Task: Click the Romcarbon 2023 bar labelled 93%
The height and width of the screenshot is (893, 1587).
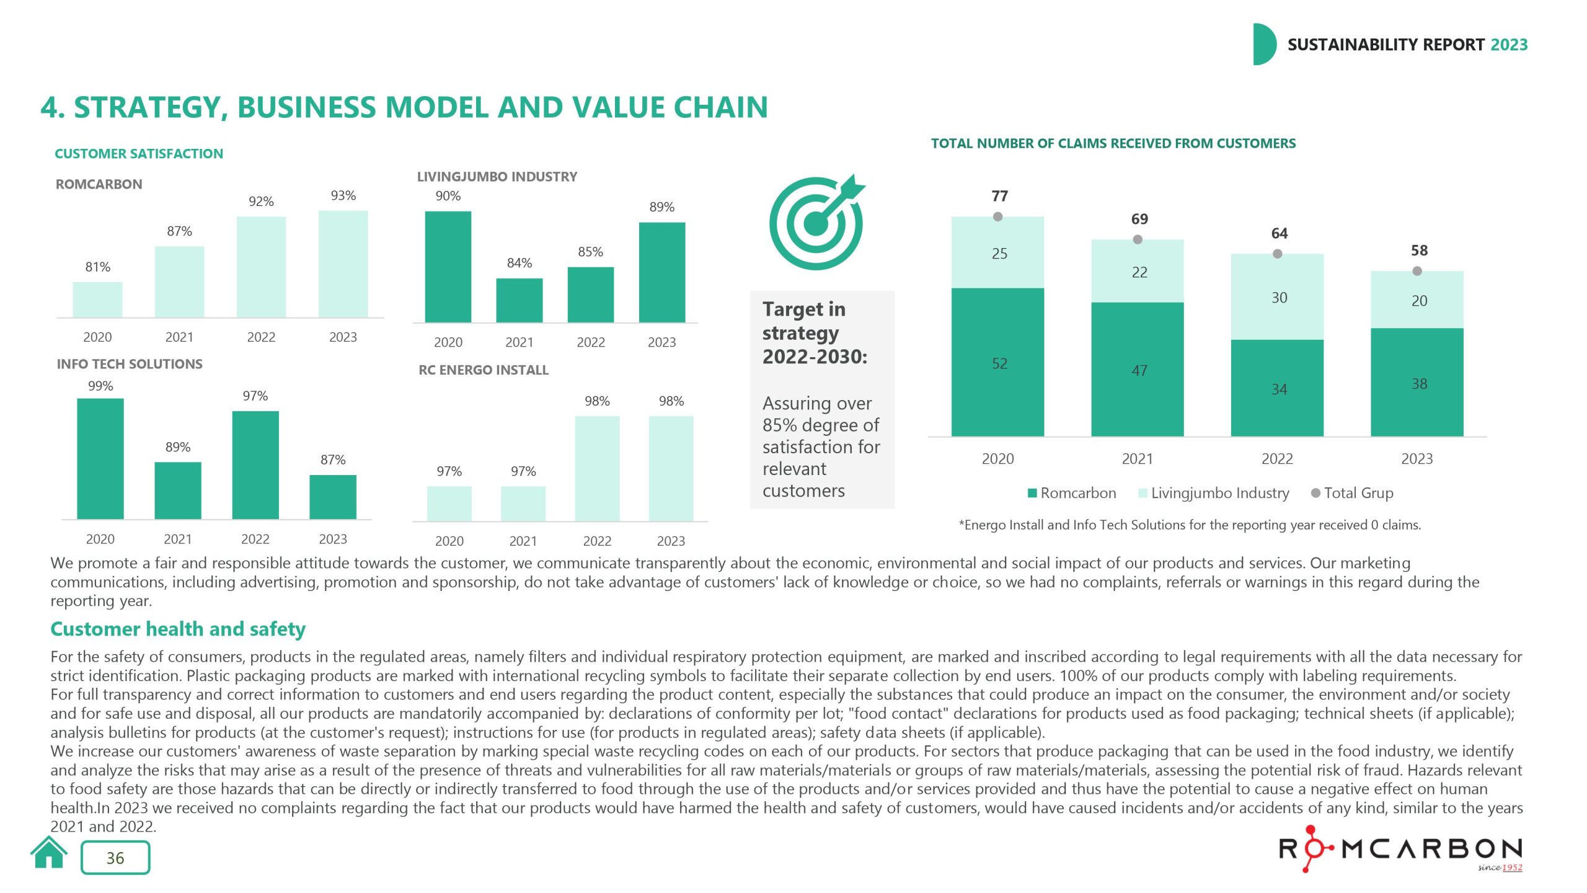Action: [343, 264]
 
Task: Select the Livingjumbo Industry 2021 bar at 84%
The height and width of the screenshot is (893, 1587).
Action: [519, 300]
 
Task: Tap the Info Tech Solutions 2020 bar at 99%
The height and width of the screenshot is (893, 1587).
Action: [100, 459]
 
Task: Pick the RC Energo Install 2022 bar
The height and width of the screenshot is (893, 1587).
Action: [597, 469]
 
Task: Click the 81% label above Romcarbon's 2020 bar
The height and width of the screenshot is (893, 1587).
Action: [97, 267]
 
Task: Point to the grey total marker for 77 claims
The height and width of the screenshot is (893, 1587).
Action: [997, 216]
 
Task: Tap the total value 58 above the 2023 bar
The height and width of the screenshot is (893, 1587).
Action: [1419, 251]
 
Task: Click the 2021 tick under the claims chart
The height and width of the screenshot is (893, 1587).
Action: [1137, 459]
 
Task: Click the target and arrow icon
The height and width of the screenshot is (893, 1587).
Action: [817, 223]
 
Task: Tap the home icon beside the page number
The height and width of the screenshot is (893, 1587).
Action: [49, 853]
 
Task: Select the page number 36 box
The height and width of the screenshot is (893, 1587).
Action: [115, 858]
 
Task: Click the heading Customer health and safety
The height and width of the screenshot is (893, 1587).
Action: [178, 629]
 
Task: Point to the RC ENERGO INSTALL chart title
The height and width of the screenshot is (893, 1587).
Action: [484, 370]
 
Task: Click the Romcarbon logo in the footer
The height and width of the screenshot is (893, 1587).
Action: [1400, 850]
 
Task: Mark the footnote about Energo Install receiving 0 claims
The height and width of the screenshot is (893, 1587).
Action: [1190, 525]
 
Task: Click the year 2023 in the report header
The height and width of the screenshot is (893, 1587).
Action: [1509, 45]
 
